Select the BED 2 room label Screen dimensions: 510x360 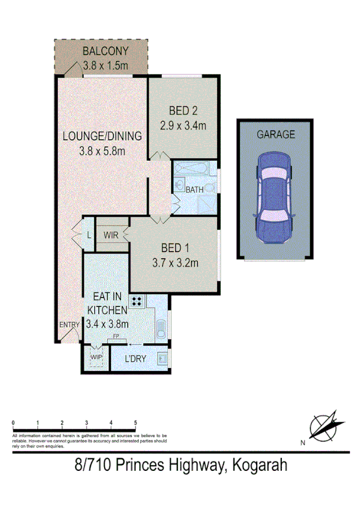click(183, 111)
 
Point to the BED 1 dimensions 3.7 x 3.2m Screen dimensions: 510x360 click(175, 262)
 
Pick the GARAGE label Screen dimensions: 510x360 click(276, 135)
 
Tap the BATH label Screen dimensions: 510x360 click(194, 189)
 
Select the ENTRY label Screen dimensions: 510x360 click(69, 325)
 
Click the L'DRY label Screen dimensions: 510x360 click(136, 360)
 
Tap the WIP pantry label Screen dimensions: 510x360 click(96, 357)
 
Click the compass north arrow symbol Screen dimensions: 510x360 click(325, 427)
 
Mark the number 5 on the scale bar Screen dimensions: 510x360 click(136, 423)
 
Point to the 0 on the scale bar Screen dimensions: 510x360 click(13, 423)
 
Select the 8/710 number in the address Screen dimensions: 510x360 click(92, 465)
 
